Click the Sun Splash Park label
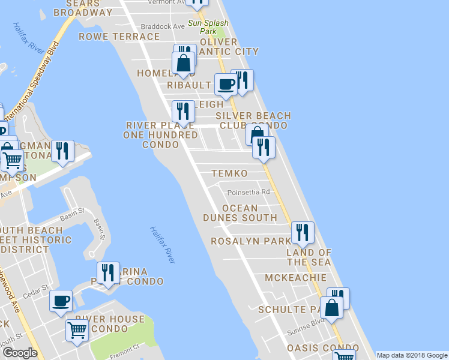click(202, 26)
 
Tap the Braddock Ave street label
click(163, 26)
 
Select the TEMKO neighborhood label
click(229, 173)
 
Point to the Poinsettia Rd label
click(249, 193)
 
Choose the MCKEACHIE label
click(297, 278)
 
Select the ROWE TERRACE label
click(119, 37)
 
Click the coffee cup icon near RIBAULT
click(226, 85)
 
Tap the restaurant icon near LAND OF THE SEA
click(301, 232)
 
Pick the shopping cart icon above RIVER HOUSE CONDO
click(77, 331)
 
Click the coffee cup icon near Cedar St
click(61, 301)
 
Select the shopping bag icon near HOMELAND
click(182, 62)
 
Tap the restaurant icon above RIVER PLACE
click(182, 111)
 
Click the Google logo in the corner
click(20, 353)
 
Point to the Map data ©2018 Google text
click(412, 355)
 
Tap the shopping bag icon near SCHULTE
click(331, 308)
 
